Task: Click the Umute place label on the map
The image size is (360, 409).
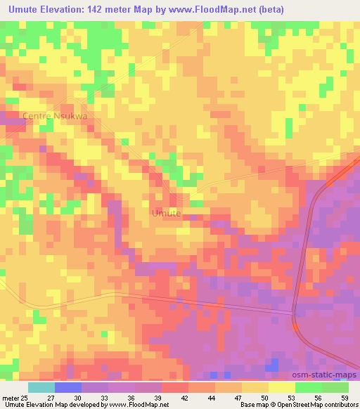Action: (167, 213)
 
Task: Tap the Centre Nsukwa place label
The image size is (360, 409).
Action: (55, 117)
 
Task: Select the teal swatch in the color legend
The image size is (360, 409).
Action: (41, 387)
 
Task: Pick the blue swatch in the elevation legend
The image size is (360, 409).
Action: (67, 387)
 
